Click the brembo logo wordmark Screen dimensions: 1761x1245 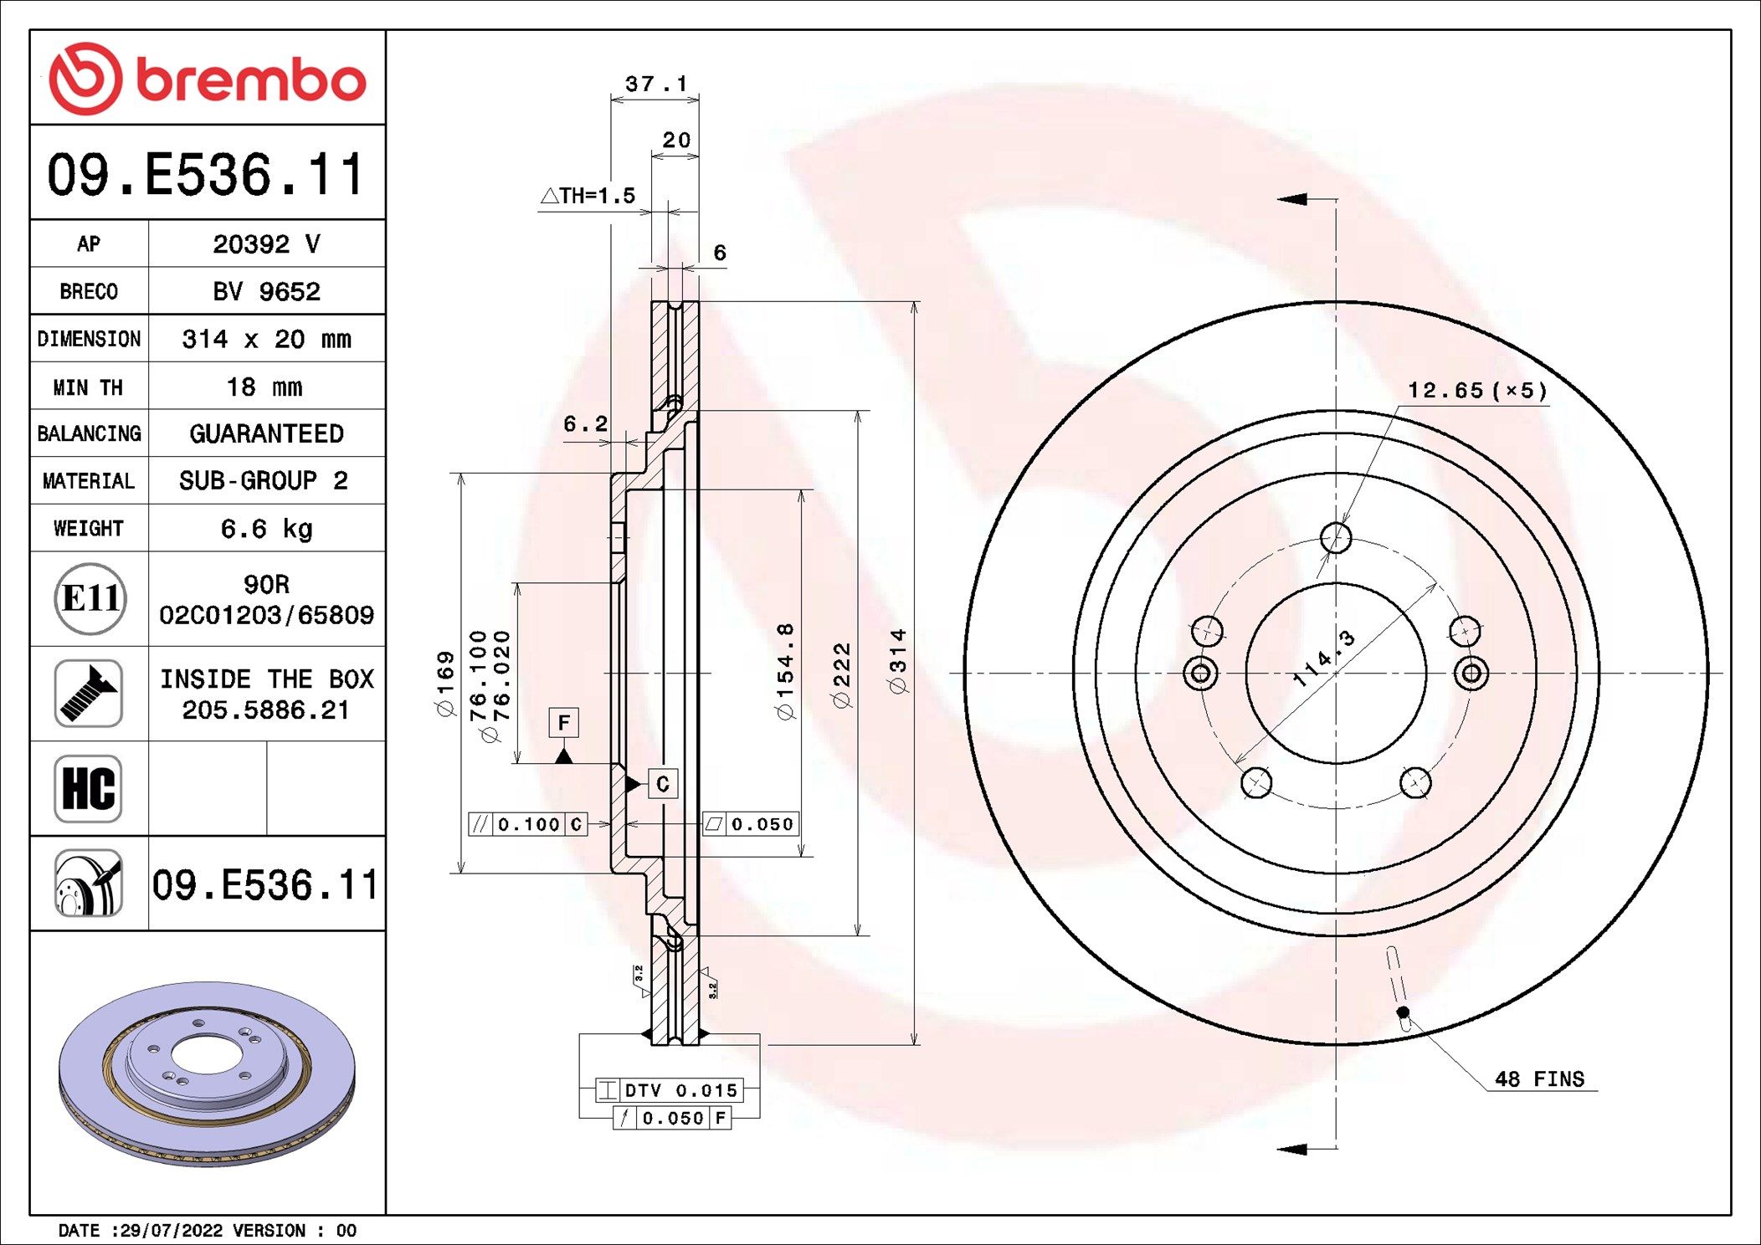click(x=251, y=80)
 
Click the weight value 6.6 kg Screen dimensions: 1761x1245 click(x=266, y=529)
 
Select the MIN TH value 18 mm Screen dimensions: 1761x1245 click(x=264, y=387)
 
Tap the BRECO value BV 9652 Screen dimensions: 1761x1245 click(x=266, y=291)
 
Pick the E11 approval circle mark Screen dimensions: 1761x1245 click(x=90, y=598)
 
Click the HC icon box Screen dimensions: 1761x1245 click(x=89, y=788)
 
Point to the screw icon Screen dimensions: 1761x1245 click(x=89, y=693)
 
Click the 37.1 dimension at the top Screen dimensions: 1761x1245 click(x=656, y=84)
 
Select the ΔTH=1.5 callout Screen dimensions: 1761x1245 click(x=588, y=196)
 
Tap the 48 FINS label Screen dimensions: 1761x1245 click(x=1539, y=1079)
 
